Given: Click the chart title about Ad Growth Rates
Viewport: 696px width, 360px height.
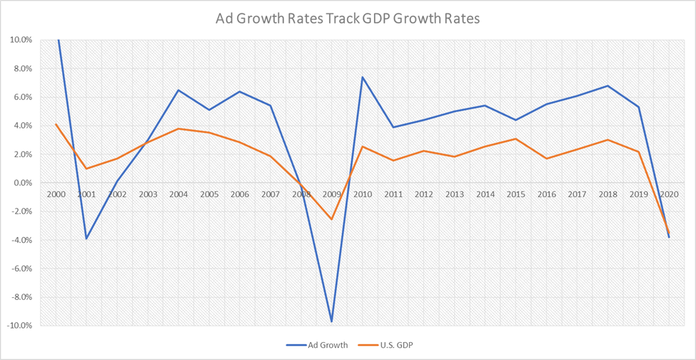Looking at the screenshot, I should (348, 19).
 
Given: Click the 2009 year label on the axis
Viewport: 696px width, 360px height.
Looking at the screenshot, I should (331, 194).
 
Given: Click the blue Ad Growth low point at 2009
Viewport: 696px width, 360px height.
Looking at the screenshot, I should (331, 321).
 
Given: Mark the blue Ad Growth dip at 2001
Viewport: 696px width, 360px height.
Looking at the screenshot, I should (86, 239).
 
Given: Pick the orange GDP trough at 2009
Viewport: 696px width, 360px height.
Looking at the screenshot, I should (331, 219).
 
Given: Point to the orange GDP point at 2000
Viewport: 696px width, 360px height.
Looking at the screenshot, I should (56, 124).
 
